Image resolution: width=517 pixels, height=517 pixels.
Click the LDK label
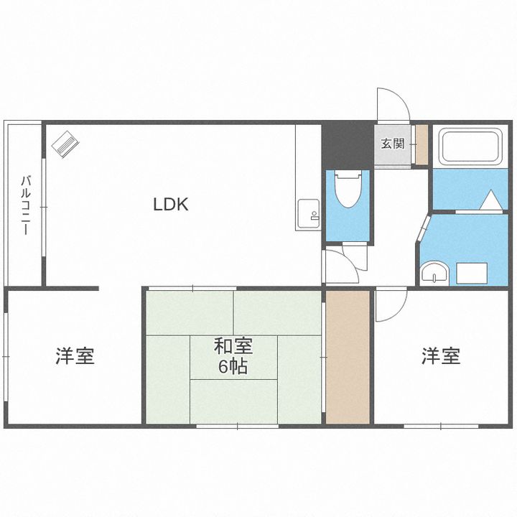tap(170, 205)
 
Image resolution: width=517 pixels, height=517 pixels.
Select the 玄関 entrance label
tap(392, 143)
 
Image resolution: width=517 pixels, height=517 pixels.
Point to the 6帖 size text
tap(233, 367)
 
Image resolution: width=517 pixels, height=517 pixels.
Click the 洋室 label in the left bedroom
tap(75, 356)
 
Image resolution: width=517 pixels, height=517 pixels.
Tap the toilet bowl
tap(348, 190)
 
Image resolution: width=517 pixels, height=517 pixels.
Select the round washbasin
tap(434, 273)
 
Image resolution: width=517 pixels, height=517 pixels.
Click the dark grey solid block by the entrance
tap(346, 144)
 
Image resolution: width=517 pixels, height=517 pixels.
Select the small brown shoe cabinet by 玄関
tap(421, 143)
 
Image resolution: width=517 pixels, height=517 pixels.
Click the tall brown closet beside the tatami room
tap(348, 356)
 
